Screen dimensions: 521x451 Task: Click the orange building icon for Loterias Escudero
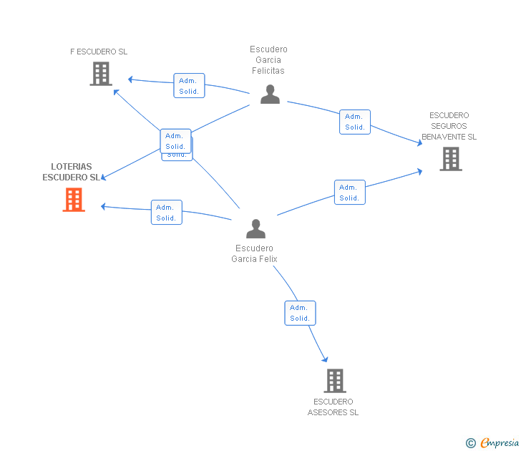(74, 200)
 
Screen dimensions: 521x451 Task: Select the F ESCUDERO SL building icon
(101, 74)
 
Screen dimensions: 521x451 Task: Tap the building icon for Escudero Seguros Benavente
(451, 159)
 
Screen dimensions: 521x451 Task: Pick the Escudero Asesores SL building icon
(335, 381)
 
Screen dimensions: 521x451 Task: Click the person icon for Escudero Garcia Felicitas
(270, 94)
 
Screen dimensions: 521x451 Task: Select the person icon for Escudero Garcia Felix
(256, 228)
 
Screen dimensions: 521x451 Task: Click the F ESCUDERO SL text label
(99, 52)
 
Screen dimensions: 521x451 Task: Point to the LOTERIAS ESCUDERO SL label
(71, 172)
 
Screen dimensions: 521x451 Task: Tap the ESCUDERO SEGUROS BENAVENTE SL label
(449, 126)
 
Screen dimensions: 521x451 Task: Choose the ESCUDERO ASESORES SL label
(333, 407)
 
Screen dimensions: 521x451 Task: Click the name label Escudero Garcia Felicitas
(268, 60)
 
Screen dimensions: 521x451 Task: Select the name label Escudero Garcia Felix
(254, 253)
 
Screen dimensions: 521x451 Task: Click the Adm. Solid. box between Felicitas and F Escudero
(189, 85)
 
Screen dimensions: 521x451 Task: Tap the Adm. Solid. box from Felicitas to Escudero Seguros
(355, 122)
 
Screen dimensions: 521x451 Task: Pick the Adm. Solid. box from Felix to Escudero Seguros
(350, 193)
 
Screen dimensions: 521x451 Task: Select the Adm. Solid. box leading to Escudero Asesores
(300, 313)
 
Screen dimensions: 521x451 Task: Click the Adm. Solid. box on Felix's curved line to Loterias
(167, 213)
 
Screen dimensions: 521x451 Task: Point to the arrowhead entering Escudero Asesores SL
(326, 359)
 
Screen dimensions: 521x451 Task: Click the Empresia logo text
(500, 442)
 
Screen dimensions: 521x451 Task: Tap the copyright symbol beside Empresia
(471, 443)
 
